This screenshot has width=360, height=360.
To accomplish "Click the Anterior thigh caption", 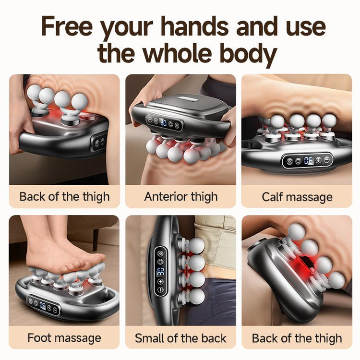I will click(x=180, y=196).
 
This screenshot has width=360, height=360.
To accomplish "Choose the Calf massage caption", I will click(x=297, y=196).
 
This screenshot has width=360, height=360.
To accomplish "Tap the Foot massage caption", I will click(x=64, y=337).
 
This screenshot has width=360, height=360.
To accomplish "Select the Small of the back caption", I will click(x=180, y=337).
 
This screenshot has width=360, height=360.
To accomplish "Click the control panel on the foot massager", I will click(x=44, y=306).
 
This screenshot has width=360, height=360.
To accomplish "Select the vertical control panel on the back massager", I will click(x=160, y=271).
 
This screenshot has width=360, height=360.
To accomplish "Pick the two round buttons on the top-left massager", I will click(x=99, y=142).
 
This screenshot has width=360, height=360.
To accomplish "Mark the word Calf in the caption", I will click(x=272, y=196).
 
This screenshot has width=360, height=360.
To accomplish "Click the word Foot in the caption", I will click(x=40, y=337).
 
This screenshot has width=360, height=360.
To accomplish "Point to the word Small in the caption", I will click(x=149, y=337).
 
